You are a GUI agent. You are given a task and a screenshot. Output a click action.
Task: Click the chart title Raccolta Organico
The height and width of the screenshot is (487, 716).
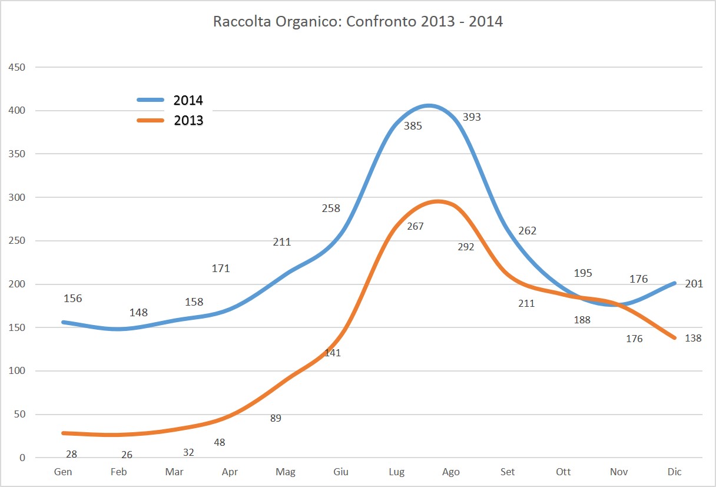click(357, 22)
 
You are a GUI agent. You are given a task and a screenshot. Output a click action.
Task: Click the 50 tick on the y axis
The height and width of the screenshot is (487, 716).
click(20, 415)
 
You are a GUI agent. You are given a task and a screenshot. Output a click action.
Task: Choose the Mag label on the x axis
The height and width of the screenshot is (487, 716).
click(286, 472)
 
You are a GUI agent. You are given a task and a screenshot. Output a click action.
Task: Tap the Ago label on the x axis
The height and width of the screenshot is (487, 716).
click(451, 472)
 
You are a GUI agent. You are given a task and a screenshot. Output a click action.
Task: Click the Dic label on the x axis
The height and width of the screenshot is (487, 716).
click(674, 472)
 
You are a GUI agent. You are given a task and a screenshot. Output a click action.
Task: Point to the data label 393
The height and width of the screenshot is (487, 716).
click(472, 117)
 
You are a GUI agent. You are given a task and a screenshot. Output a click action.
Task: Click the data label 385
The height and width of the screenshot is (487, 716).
click(413, 125)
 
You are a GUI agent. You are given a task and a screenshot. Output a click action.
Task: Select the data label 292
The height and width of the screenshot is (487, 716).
click(466, 247)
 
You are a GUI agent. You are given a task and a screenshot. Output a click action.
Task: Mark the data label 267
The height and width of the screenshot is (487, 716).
click(415, 226)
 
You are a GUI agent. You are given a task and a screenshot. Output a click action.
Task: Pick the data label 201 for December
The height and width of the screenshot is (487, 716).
click(694, 284)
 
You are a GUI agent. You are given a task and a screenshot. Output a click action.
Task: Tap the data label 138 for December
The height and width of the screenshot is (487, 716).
click(694, 339)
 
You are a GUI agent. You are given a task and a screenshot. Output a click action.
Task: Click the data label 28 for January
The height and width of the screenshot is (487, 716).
click(72, 454)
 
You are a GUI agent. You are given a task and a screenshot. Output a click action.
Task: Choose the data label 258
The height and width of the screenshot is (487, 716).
click(331, 208)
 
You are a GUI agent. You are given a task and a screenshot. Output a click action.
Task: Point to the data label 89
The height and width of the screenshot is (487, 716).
click(276, 419)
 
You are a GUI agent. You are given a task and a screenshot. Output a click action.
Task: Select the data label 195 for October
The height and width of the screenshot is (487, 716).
click(583, 273)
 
